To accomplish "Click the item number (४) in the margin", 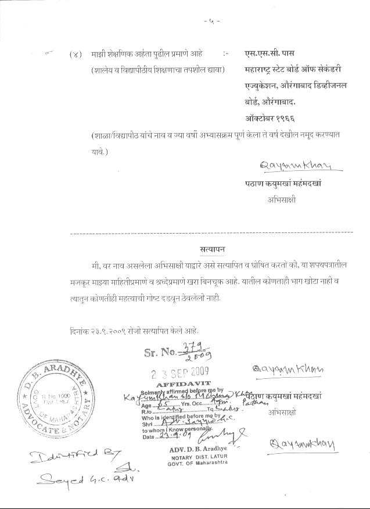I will [x=76, y=54].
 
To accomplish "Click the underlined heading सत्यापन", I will [x=211, y=249].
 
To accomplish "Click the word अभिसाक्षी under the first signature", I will [x=282, y=199].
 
